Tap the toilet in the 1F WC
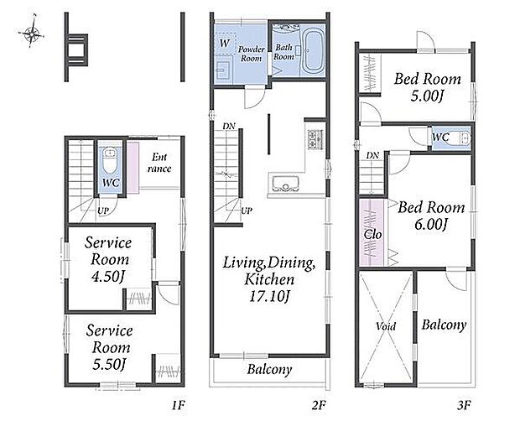[x=110, y=160]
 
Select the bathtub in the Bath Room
[x=313, y=52]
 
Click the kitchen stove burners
[x=315, y=138]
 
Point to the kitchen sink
[x=285, y=184]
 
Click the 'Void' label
[x=386, y=326]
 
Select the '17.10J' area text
[x=269, y=297]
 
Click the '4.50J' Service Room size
[x=109, y=277]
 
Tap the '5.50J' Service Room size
[x=109, y=365]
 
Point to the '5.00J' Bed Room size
[x=427, y=96]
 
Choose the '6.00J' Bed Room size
[x=431, y=225]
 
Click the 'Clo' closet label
[x=372, y=234]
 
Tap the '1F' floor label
[x=178, y=405]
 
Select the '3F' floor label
[x=465, y=405]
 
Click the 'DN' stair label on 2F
[x=229, y=126]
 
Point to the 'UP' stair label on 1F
[x=103, y=210]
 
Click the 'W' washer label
[x=225, y=43]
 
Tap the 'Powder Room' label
[x=252, y=54]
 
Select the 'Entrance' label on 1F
[x=159, y=163]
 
